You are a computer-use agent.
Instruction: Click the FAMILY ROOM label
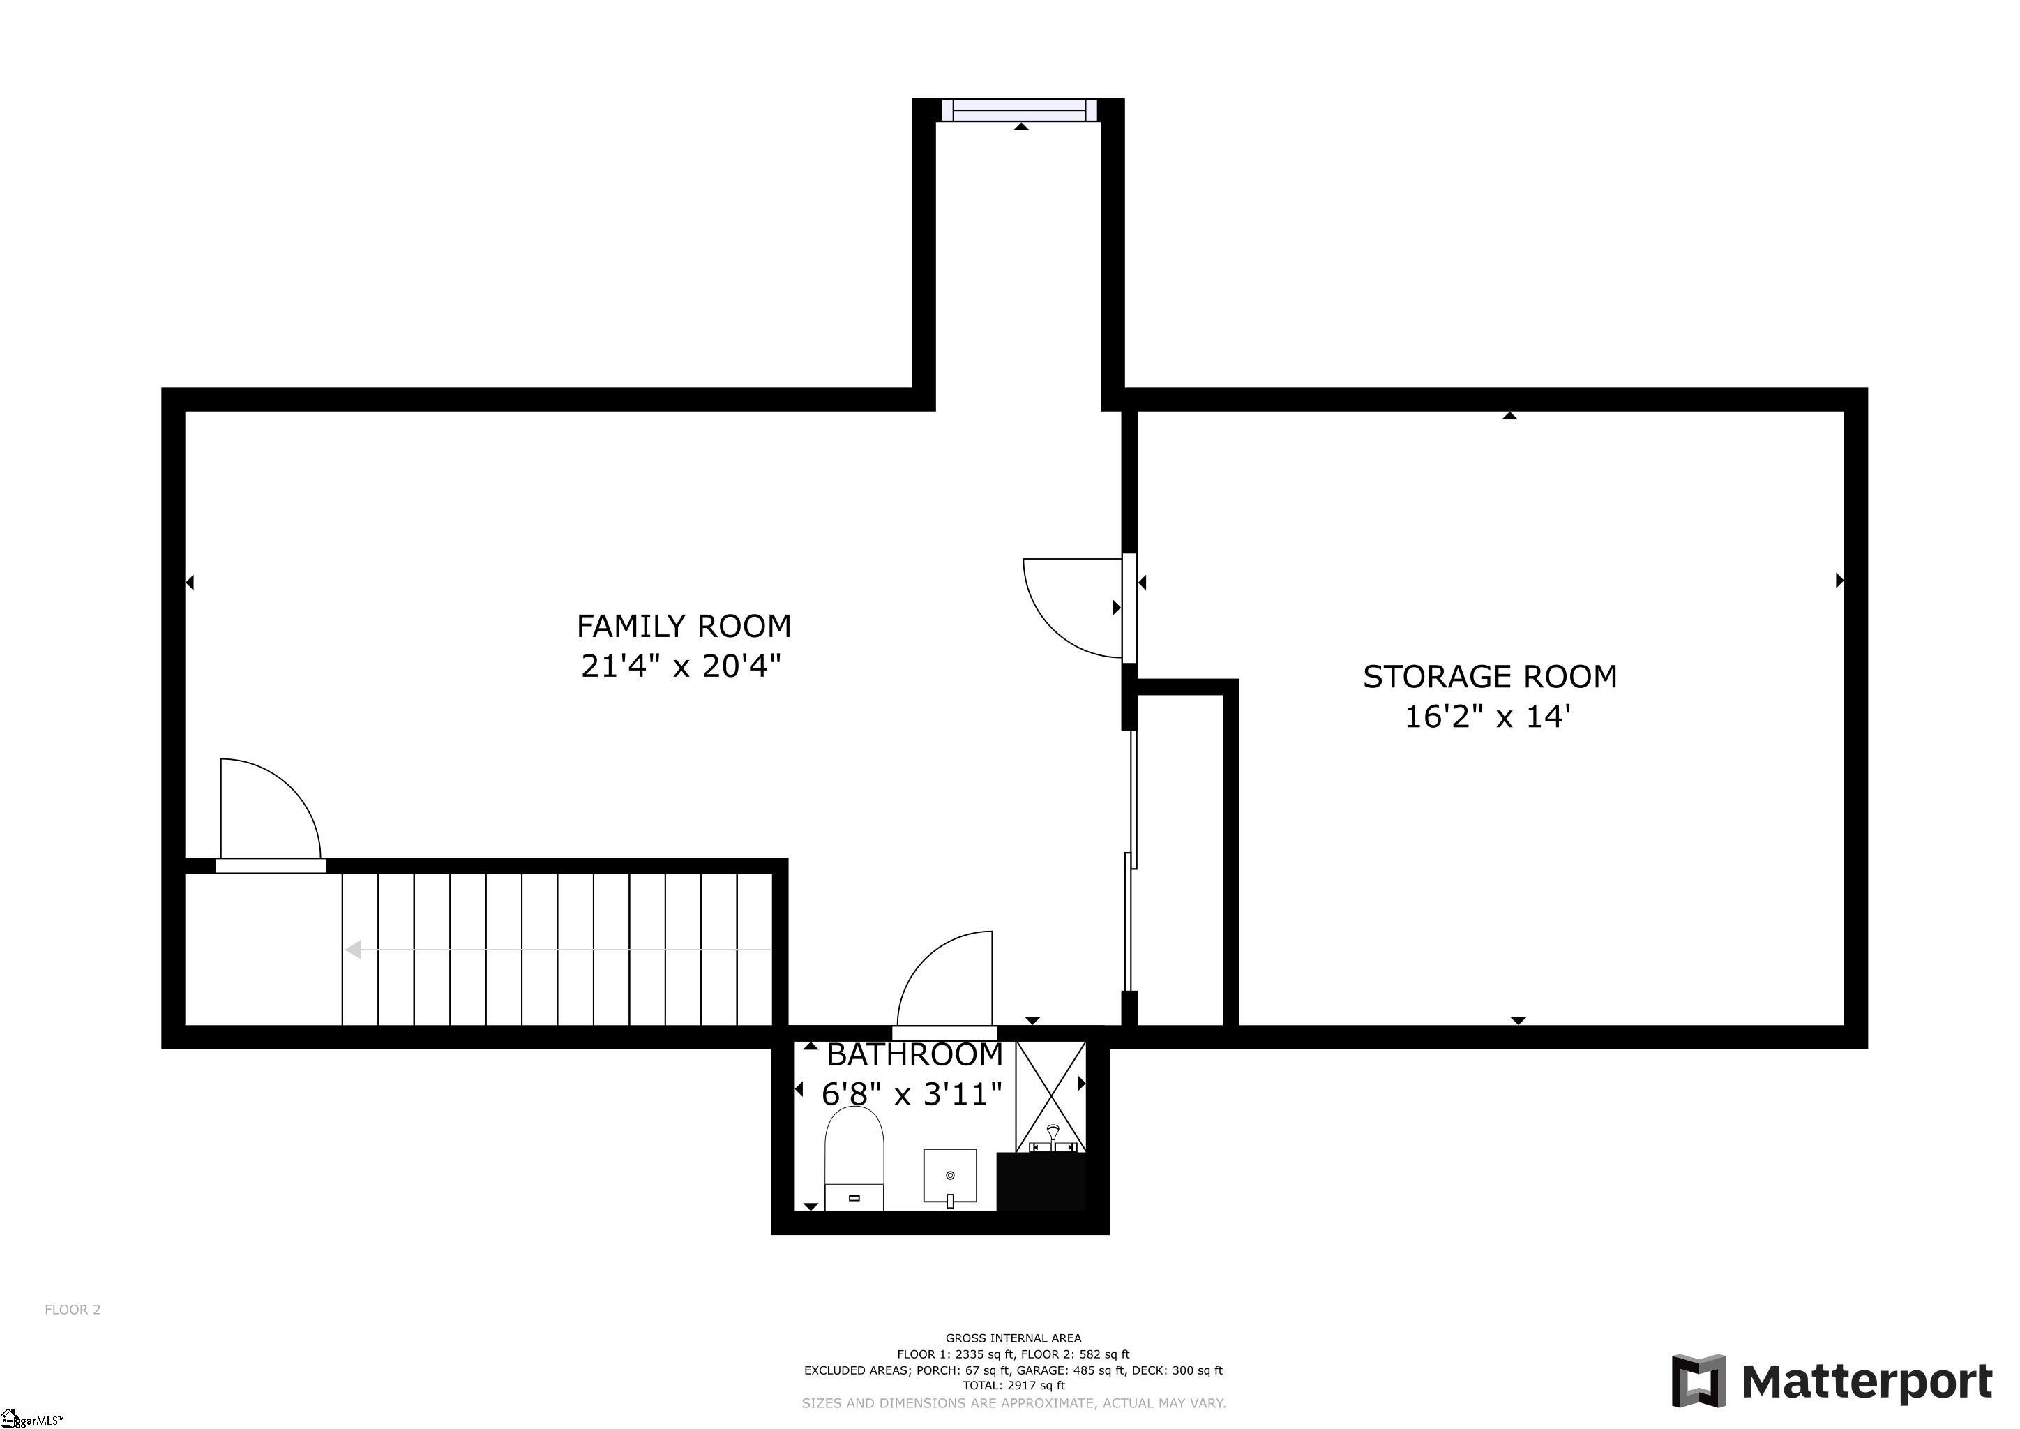684,627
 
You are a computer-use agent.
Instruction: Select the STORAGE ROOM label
1489,677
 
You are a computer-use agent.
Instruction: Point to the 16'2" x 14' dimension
1487,717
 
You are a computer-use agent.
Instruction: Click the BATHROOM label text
915,1054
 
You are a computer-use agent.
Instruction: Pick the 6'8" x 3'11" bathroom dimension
912,1094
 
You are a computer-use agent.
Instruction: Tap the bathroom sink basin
949,1175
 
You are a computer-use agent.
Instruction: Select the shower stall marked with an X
1050,1096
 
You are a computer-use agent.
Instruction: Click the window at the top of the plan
1020,110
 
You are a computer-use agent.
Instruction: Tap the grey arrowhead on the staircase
353,950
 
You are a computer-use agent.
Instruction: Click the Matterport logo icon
1698,1381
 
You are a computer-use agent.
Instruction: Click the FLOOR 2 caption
73,1309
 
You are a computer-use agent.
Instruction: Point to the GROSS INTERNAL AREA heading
1013,1338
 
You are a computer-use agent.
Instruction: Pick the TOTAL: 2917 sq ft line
1013,1385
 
